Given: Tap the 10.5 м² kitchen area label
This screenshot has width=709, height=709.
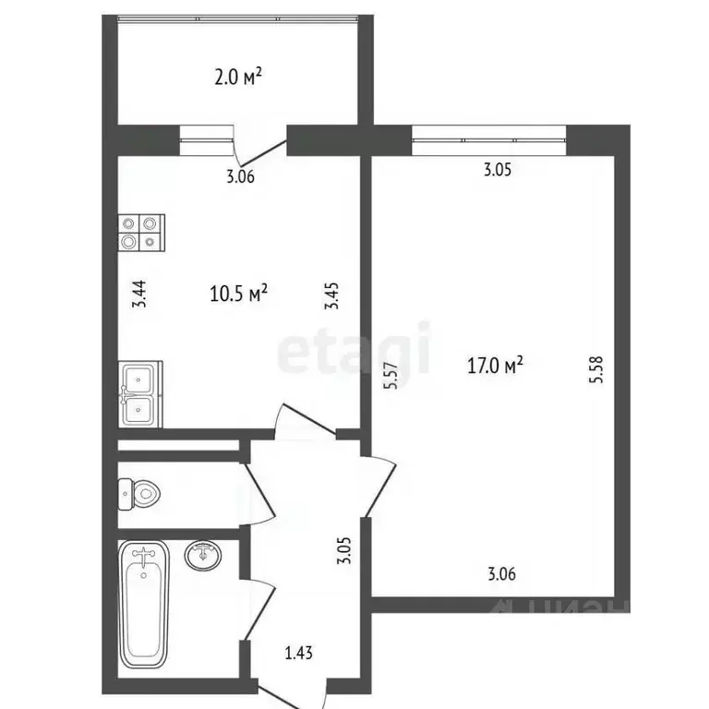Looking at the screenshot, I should pyautogui.click(x=239, y=294).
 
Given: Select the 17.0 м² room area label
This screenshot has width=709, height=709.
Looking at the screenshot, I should pyautogui.click(x=496, y=367).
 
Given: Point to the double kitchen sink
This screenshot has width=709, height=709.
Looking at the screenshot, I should pyautogui.click(x=140, y=395).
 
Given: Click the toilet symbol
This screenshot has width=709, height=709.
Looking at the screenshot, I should pyautogui.click(x=138, y=495).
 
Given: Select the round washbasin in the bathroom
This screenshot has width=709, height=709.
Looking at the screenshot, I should pyautogui.click(x=202, y=556).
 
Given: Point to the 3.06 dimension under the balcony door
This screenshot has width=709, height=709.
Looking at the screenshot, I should pyautogui.click(x=240, y=178).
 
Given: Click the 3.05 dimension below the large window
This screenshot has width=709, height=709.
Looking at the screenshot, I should pyautogui.click(x=498, y=170).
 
